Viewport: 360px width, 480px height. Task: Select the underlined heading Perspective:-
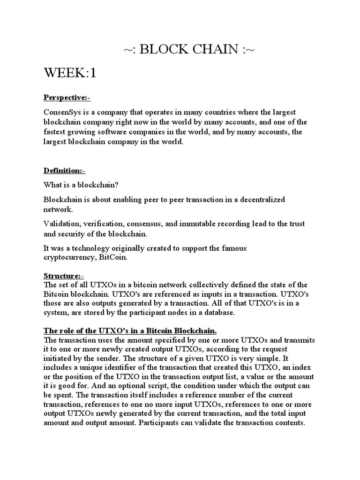(x=67, y=97)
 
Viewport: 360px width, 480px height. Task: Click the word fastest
(x=55, y=132)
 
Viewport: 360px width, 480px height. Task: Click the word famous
(x=232, y=248)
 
